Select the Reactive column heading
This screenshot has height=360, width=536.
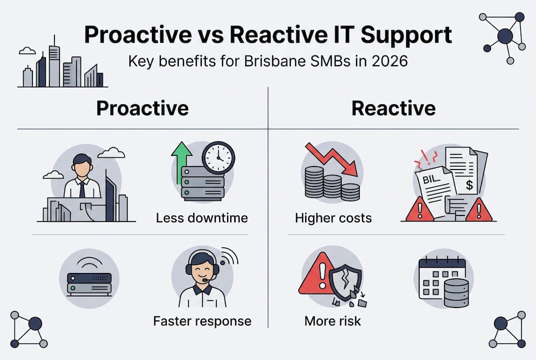393,108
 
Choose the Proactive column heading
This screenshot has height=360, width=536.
142,108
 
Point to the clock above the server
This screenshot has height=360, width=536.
218,157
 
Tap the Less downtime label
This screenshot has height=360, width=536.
202,218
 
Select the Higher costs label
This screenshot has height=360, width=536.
333,218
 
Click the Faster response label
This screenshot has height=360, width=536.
202,320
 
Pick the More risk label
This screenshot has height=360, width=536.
332,320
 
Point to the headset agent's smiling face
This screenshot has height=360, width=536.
202,270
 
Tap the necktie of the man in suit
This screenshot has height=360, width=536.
82,189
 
